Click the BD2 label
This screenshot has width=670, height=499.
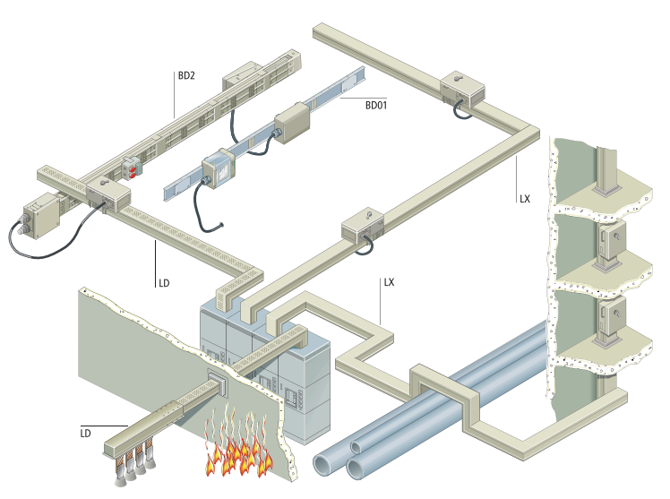click(x=186, y=75)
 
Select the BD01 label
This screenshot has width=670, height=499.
click(x=376, y=105)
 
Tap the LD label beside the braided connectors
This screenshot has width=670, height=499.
click(x=85, y=434)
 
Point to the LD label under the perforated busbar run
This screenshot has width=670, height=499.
click(x=164, y=283)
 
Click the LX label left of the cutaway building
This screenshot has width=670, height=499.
click(x=525, y=199)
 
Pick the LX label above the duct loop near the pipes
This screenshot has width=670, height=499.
click(x=389, y=282)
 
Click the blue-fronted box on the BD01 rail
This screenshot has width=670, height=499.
click(x=217, y=168)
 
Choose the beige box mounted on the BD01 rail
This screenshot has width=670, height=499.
click(x=291, y=122)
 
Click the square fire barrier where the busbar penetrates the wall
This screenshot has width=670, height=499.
click(x=218, y=383)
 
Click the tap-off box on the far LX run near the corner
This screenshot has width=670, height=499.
click(x=462, y=89)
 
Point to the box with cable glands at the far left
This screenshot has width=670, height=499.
click(x=41, y=216)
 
